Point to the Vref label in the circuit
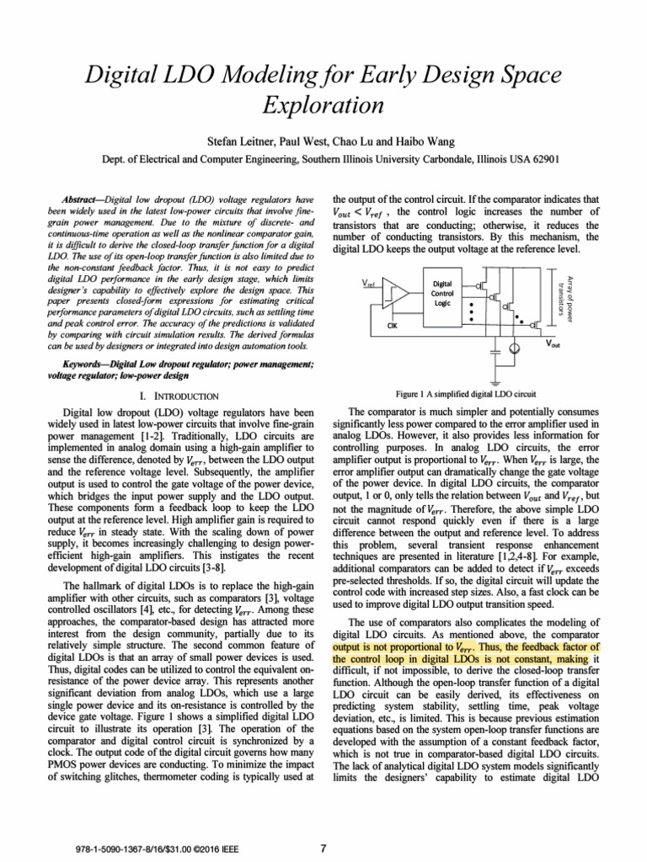[x=369, y=284]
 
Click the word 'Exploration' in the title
[x=323, y=107]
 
